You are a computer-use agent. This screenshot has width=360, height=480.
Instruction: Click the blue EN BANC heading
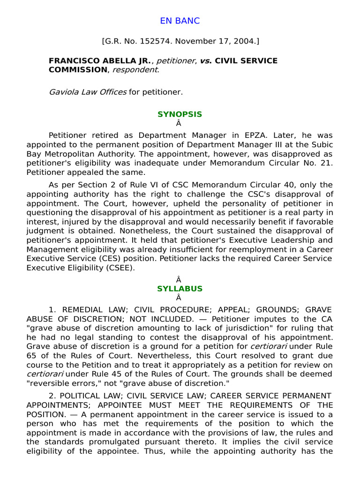[180, 21]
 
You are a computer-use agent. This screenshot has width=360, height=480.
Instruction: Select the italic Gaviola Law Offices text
[88, 92]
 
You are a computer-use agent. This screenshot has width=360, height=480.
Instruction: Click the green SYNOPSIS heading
[180, 114]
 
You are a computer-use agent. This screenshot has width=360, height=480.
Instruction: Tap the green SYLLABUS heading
[180, 289]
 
